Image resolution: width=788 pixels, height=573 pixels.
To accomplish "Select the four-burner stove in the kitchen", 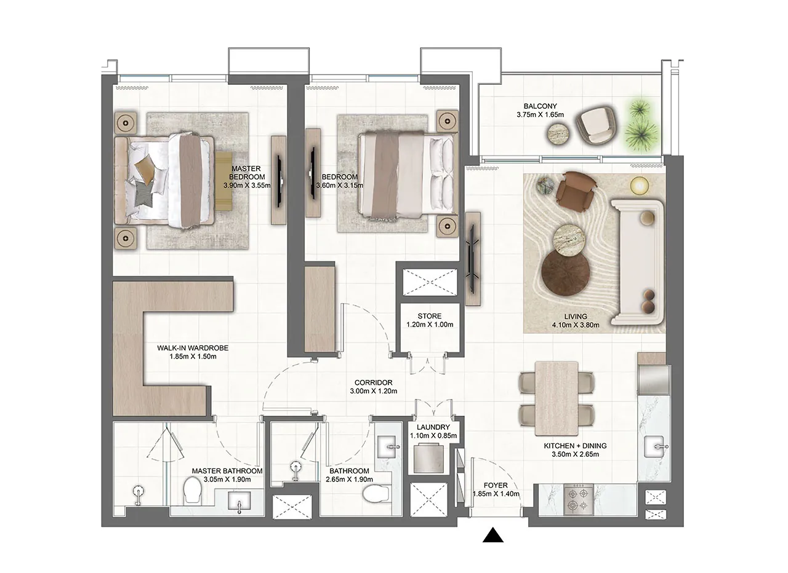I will coord(579,498).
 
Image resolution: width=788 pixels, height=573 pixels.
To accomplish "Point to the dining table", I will coord(557,395).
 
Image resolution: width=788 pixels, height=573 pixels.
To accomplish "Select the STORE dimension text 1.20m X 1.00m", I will coord(430,325).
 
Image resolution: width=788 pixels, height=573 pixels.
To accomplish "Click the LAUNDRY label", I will coord(433,427).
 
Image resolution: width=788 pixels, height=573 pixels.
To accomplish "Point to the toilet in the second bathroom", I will coord(375,493).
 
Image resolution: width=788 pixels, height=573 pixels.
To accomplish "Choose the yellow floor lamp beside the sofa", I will coord(639,184).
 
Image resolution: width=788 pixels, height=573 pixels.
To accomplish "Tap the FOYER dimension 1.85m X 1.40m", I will coord(496,494).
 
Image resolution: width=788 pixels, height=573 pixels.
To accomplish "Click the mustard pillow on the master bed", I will coord(145,167).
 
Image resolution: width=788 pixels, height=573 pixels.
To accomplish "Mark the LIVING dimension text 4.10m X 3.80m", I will coord(562,326).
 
